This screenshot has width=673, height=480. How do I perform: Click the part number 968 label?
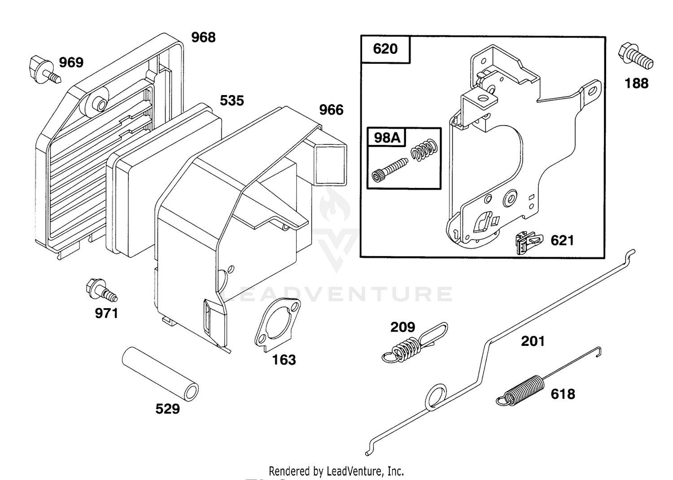pos(203,38)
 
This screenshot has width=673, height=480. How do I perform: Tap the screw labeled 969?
pos(45,70)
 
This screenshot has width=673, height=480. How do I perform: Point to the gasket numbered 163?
pos(277,324)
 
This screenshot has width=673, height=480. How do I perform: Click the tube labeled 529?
pos(160,374)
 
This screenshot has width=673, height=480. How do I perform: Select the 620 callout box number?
pos(385,49)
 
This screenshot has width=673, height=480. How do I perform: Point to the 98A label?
pos(387,138)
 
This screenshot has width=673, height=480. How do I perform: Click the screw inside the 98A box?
pos(390,170)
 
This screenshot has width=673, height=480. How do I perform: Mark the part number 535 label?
pos(232,100)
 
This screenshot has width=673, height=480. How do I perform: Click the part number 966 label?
pos(331,110)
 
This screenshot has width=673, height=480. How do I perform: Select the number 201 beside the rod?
pos(533,341)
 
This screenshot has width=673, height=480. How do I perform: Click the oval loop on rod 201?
pos(436,397)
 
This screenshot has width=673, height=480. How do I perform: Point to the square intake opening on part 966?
pos(330,165)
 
